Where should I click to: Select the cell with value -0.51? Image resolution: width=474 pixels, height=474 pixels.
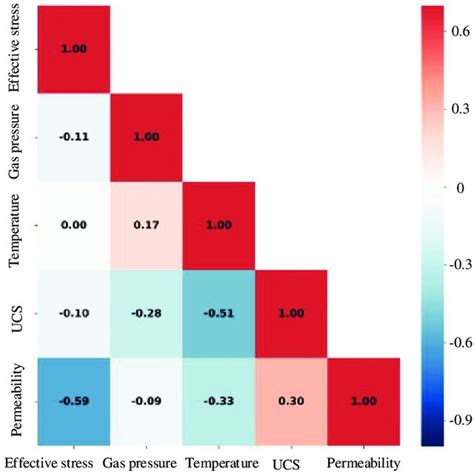[217, 312]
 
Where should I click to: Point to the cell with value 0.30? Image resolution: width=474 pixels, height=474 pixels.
[290, 400]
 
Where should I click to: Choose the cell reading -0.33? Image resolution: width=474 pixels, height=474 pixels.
[217, 400]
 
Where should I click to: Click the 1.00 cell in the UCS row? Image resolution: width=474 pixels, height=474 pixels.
[290, 312]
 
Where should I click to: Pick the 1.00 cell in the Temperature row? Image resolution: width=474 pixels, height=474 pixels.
[217, 225]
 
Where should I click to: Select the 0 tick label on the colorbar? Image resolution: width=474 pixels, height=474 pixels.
[455, 187]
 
